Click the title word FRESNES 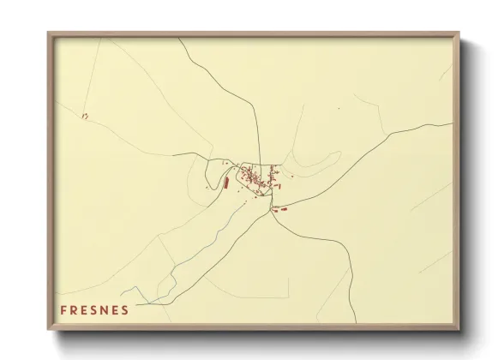pyautogui.click(x=95, y=309)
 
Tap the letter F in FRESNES pyautogui.click(x=63, y=309)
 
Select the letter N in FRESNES pyautogui.click(x=105, y=309)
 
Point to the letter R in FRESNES pyautogui.click(x=75, y=309)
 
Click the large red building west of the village pyautogui.click(x=226, y=182)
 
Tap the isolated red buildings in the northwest pyautogui.click(x=84, y=115)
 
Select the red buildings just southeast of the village pyautogui.click(x=279, y=207)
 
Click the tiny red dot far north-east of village pyautogui.click(x=338, y=109)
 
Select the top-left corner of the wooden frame pyautogui.click(x=49, y=33)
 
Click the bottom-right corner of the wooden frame pyautogui.click(x=458, y=330)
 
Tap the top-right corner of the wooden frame pyautogui.click(x=458, y=33)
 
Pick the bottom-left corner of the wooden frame pyautogui.click(x=49, y=330)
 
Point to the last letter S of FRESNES pyautogui.click(x=126, y=309)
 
